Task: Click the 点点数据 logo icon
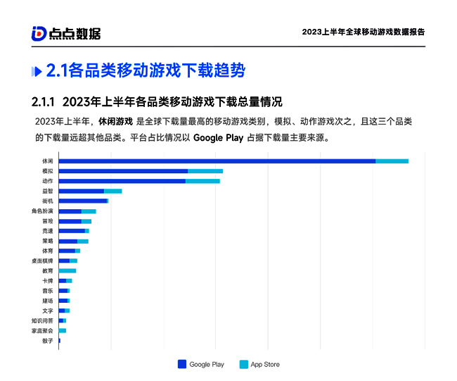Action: tap(39, 32)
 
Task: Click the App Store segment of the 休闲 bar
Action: tap(392, 161)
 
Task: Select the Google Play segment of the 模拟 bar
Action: tap(123, 171)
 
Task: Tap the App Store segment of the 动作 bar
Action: tap(202, 181)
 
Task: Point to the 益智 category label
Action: tap(47, 191)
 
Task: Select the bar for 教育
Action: tap(67, 270)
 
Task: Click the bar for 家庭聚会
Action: tap(63, 330)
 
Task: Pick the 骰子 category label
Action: tap(47, 340)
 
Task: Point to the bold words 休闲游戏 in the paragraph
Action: tap(115, 121)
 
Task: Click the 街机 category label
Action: tap(47, 201)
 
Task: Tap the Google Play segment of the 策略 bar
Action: tap(68, 241)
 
